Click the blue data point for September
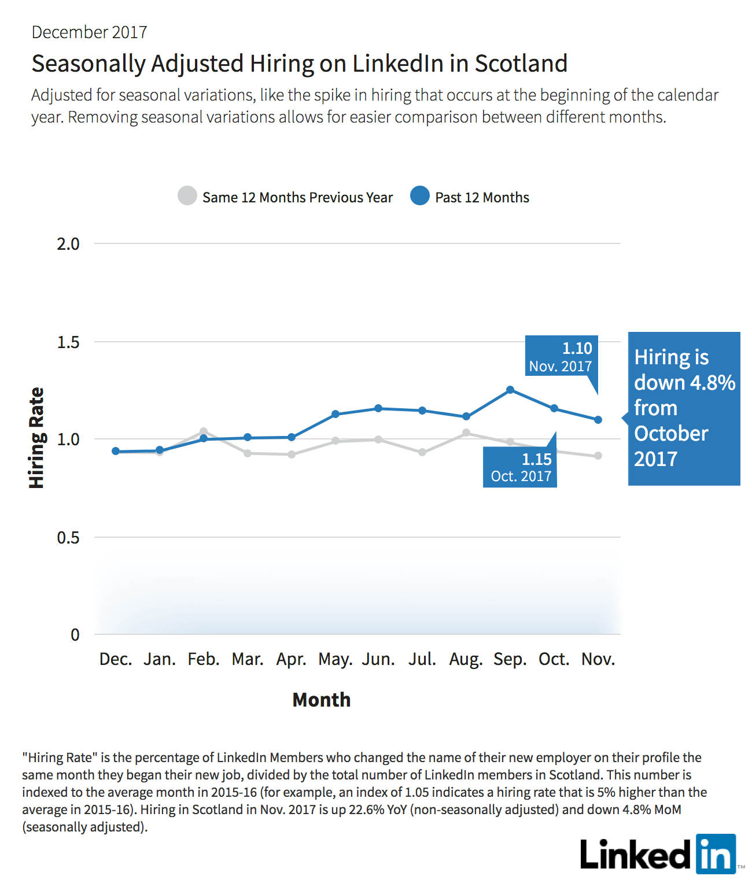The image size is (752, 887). pyautogui.click(x=510, y=390)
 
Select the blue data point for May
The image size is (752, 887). pyautogui.click(x=336, y=414)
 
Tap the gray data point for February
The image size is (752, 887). pyautogui.click(x=204, y=432)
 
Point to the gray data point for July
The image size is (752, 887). pyautogui.click(x=422, y=452)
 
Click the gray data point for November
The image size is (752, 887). pyautogui.click(x=598, y=456)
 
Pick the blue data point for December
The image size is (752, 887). pyautogui.click(x=116, y=451)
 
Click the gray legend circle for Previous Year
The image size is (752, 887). pyautogui.click(x=187, y=195)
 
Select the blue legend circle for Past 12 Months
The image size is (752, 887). pyautogui.click(x=420, y=195)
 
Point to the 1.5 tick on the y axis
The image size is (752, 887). pyautogui.click(x=68, y=342)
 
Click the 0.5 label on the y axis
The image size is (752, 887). pyautogui.click(x=68, y=537)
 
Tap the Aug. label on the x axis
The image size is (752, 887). pyautogui.click(x=466, y=659)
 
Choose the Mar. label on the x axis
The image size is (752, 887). pyautogui.click(x=248, y=659)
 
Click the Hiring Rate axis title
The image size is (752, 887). pyautogui.click(x=36, y=438)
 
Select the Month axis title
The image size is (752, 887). pyautogui.click(x=322, y=700)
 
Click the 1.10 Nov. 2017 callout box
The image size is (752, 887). pyautogui.click(x=562, y=355)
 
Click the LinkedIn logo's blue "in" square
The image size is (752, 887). pyautogui.click(x=716, y=854)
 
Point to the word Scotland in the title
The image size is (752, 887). pyautogui.click(x=521, y=64)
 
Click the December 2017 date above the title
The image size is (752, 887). pyautogui.click(x=89, y=32)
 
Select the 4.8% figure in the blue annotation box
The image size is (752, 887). pyautogui.click(x=713, y=382)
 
